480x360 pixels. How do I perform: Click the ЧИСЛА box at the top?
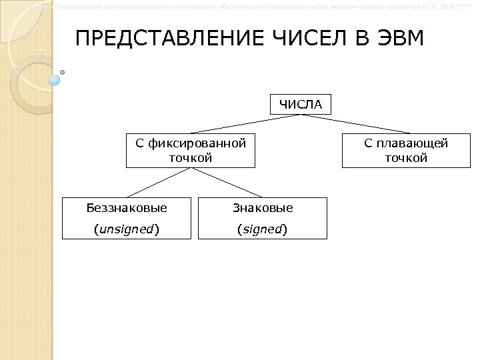pos(300,104)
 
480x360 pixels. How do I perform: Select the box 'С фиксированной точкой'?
pos(191,150)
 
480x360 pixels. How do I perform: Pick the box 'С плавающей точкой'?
pos(405,150)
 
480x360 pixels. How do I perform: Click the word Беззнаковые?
pos(127,208)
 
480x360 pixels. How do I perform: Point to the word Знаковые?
pos(263,208)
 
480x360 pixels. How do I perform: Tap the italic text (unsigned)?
pos(127,229)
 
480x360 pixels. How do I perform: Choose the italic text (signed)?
pos(263,229)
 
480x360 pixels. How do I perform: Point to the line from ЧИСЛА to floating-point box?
pos(353,124)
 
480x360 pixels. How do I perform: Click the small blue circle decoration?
pos(55,79)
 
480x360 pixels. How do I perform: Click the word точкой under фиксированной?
pos(191,158)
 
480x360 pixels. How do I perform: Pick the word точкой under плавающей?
pos(405,158)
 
